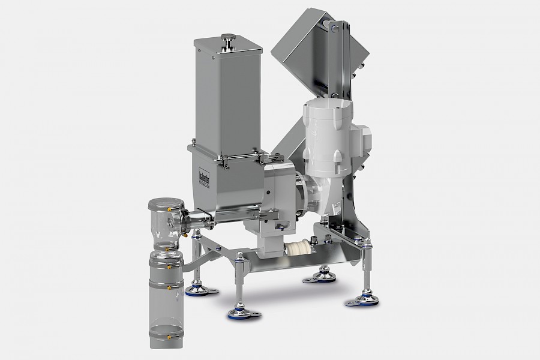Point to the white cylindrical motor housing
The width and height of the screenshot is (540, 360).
pyautogui.click(x=326, y=138)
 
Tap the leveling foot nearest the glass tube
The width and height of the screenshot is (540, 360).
pyautogui.click(x=196, y=290)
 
